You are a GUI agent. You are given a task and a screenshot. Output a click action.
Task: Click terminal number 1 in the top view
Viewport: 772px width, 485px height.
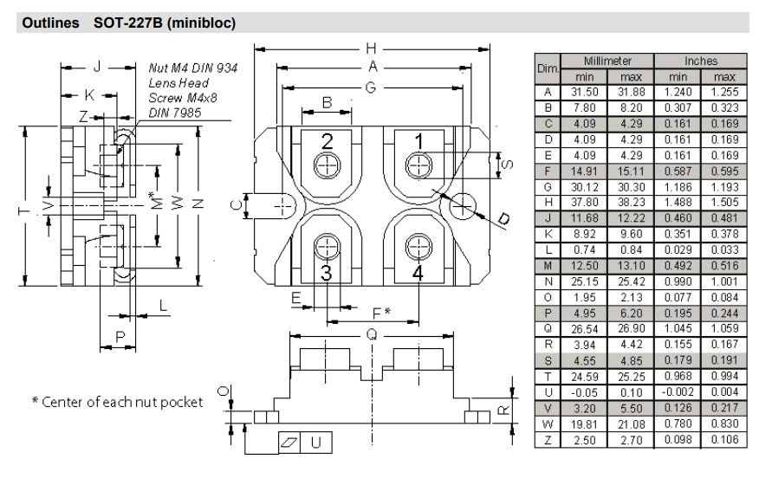[x=418, y=141]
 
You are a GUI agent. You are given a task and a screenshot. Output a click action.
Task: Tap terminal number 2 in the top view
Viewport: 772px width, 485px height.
[x=328, y=142]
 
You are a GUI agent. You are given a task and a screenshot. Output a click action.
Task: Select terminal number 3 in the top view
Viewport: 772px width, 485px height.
[x=327, y=272]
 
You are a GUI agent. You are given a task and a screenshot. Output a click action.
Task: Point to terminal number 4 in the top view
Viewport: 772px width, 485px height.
[x=418, y=272]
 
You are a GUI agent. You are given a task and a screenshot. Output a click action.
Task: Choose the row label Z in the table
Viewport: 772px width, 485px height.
[x=548, y=440]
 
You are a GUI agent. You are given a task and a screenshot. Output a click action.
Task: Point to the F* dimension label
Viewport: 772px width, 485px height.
[x=380, y=311]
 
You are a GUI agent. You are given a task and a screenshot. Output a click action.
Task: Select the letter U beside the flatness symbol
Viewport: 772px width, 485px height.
[x=316, y=443]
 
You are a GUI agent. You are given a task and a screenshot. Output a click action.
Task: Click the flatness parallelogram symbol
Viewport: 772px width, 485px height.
[x=289, y=443]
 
